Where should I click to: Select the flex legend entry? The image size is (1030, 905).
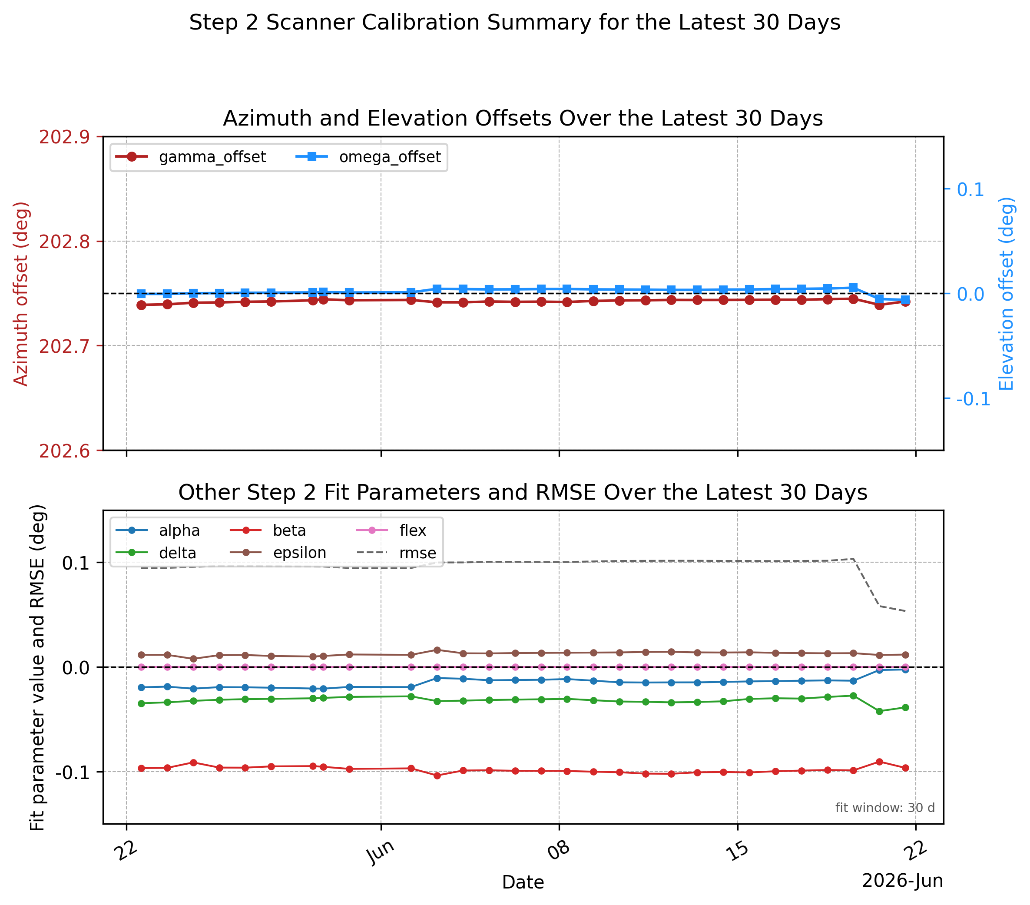391,530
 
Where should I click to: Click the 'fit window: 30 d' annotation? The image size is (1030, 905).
885,808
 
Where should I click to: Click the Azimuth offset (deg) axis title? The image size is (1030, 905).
21,294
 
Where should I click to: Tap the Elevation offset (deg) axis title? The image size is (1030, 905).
1006,294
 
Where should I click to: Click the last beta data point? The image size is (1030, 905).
905,768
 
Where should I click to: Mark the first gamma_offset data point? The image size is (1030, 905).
141,305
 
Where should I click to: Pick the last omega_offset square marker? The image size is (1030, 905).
905,300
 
